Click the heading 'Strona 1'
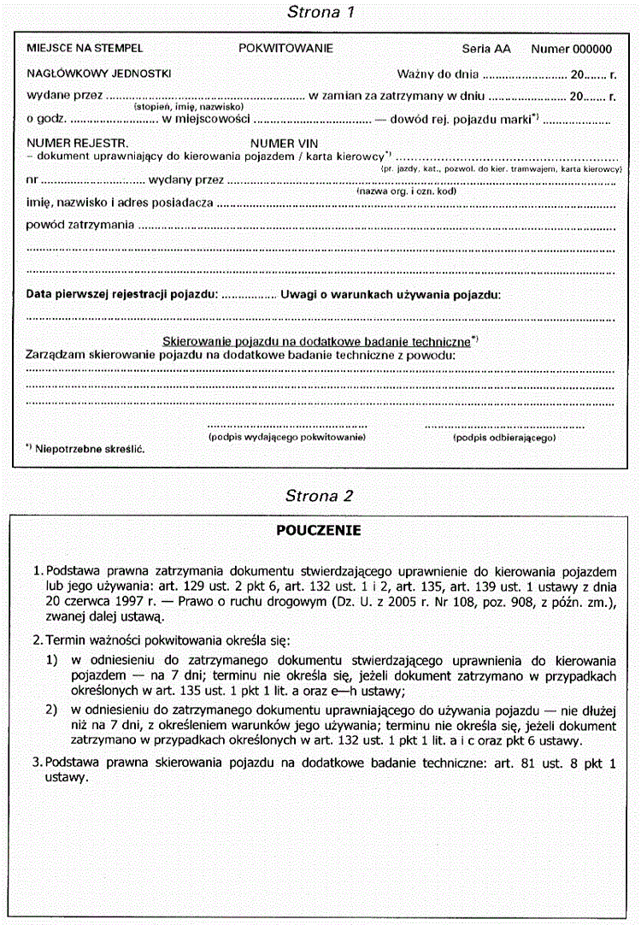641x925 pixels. [x=320, y=12]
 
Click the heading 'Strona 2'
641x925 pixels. [x=320, y=496]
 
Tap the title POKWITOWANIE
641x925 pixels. [x=286, y=49]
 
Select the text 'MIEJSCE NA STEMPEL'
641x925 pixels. [x=85, y=49]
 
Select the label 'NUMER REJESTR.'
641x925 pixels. [x=78, y=145]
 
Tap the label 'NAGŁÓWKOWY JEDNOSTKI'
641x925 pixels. [x=99, y=74]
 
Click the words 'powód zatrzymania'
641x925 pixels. [x=80, y=225]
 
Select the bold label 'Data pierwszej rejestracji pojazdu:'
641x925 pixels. [x=122, y=294]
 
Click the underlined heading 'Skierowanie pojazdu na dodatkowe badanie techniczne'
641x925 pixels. [x=316, y=340]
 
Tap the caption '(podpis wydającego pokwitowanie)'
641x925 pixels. [x=287, y=437]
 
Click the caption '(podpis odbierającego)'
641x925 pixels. [x=504, y=437]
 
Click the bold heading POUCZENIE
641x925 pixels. [x=318, y=531]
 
